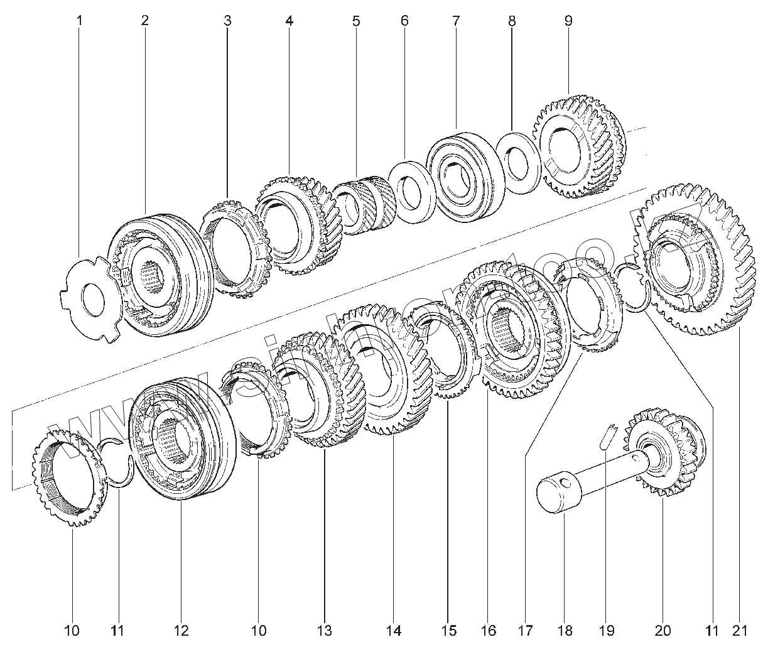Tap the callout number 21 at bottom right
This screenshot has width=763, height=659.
pos(740,630)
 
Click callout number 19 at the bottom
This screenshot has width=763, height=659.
pos(606,630)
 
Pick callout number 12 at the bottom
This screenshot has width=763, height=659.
pos(181,630)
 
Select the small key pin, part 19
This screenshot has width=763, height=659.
pos(606,435)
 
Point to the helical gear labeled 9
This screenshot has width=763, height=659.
pos(581,148)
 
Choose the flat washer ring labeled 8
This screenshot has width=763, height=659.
pos(519,163)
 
